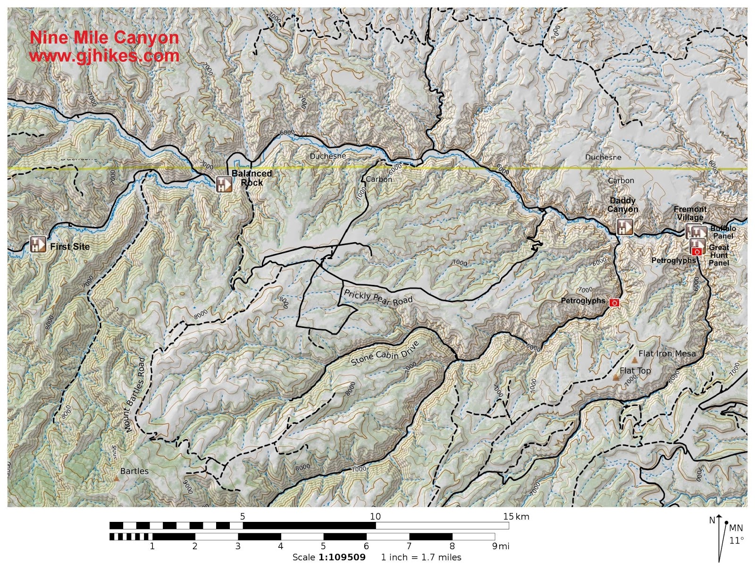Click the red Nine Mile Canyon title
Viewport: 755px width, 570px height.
104,38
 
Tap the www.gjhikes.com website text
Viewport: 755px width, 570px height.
104,56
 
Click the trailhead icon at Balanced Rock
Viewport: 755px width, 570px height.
224,184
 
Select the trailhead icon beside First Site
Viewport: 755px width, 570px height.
38,244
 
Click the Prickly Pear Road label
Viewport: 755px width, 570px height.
378,298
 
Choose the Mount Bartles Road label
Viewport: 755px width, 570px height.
135,395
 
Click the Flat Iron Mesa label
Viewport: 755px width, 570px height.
667,353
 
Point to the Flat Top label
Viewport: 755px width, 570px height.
635,371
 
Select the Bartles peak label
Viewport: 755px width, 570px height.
134,471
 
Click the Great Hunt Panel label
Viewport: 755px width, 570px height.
719,255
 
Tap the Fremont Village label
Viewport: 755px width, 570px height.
690,213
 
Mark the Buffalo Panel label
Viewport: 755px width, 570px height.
723,232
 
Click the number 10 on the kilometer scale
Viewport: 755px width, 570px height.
375,516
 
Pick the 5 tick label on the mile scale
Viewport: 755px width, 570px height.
323,546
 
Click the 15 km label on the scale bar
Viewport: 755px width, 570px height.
516,516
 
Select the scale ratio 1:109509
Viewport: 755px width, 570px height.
342,557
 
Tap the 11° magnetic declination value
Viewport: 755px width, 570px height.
736,541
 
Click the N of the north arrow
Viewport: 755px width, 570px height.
712,520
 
